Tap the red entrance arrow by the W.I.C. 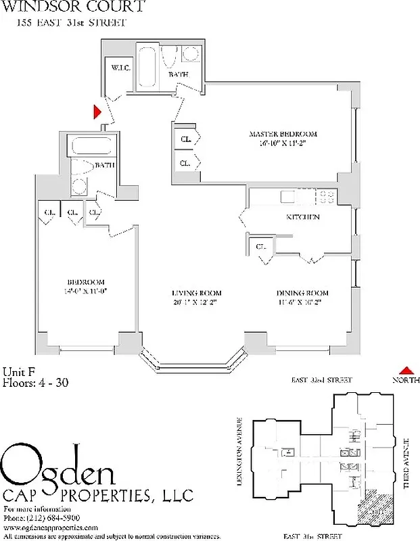point(97,110)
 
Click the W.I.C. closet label point(120,68)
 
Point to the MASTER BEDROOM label point(283,134)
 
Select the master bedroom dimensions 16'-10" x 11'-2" point(283,143)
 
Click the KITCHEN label point(302,217)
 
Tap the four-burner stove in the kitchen point(327,197)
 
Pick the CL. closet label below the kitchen point(261,248)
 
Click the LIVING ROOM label point(195,293)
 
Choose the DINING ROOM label point(302,293)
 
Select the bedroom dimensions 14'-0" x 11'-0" point(85,291)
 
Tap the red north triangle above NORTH point(406,370)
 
